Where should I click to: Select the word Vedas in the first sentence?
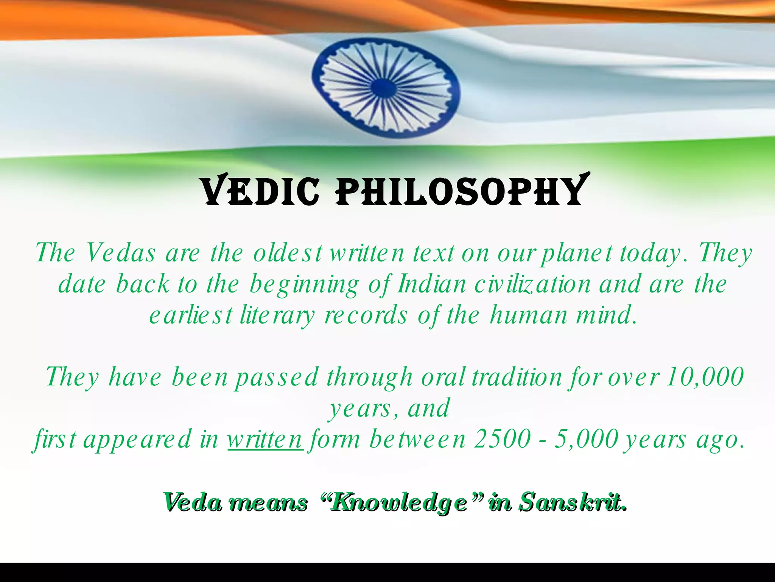(x=120, y=253)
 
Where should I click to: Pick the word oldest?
(x=288, y=253)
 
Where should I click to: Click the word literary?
(x=277, y=316)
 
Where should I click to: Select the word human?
(x=529, y=316)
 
